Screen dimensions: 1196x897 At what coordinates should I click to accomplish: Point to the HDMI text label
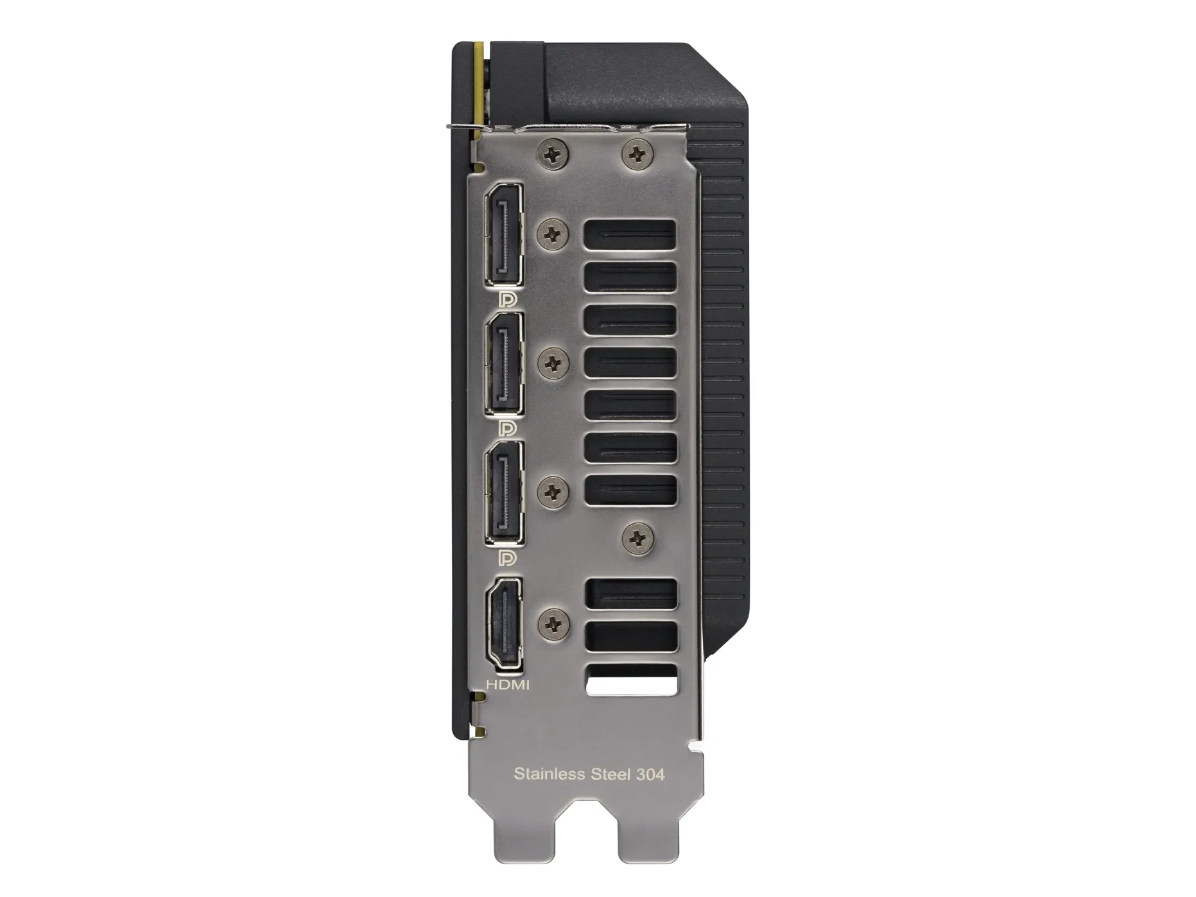click(x=508, y=685)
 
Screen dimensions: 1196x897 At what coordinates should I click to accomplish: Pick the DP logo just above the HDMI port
click(x=507, y=557)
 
